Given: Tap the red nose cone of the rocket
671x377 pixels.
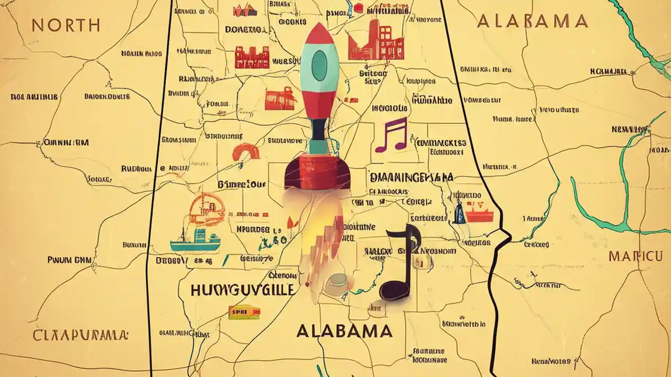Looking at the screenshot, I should pos(318,35).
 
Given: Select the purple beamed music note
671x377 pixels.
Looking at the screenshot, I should pos(391,135).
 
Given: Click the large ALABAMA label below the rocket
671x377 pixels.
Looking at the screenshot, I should pos(344,331).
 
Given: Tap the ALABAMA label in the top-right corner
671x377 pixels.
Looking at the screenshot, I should pos(532,21).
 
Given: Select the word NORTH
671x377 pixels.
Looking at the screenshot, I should pos(66,25).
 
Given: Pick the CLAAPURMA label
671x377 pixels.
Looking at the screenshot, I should pos(80,335).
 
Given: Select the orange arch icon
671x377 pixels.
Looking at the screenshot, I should pos(246,152).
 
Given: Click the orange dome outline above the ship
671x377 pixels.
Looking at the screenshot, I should pos(206,209).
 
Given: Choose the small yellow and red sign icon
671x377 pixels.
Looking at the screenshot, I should pos(244,313).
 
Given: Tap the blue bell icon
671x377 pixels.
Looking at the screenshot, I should pos(459,214).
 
